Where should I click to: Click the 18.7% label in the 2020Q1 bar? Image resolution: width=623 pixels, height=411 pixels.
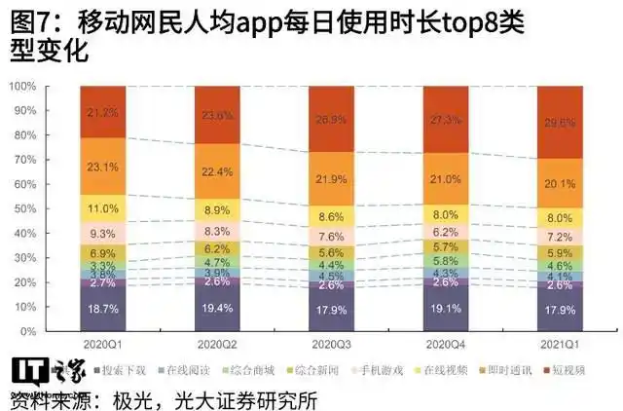(105, 307)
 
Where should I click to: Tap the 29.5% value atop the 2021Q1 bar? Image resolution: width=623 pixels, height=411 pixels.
(565, 122)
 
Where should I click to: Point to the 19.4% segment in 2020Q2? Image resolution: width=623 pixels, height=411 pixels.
(220, 308)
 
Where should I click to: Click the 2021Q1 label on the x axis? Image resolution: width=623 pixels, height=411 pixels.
(564, 344)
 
